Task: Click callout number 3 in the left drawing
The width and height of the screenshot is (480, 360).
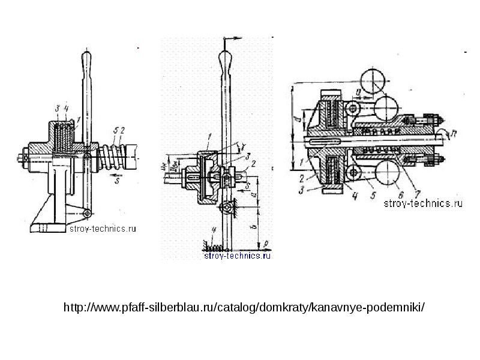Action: tap(55, 109)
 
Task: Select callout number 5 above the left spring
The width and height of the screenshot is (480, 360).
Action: tap(115, 130)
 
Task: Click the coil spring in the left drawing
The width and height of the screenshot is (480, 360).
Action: tap(112, 154)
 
